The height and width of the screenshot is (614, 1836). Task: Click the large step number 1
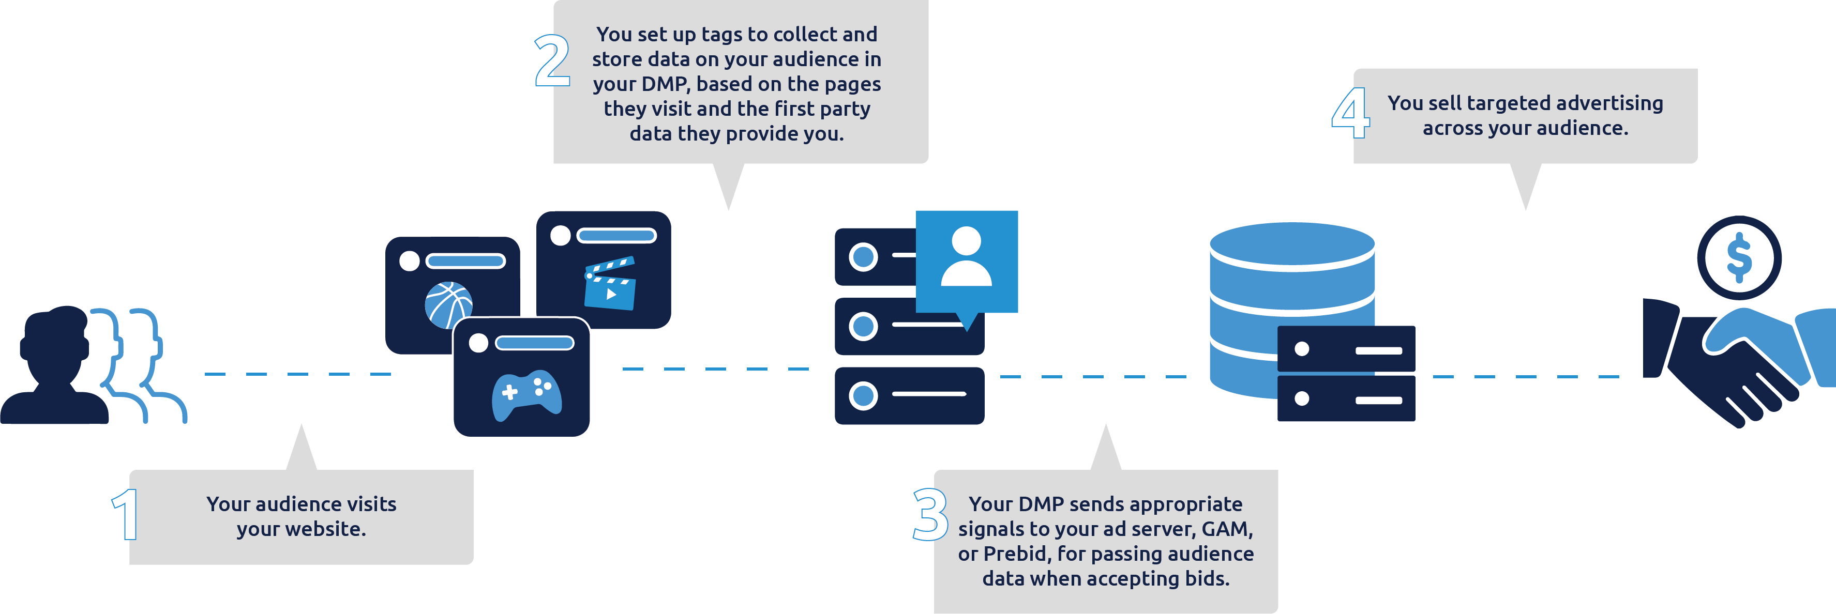tap(126, 514)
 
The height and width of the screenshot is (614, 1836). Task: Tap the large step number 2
tap(552, 62)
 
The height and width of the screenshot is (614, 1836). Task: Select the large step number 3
tap(929, 514)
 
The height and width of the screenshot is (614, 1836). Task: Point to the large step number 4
tap(1350, 113)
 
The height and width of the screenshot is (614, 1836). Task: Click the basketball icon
tap(448, 305)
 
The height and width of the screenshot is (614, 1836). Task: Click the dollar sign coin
tap(1739, 258)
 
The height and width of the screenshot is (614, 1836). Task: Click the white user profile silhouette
tap(967, 256)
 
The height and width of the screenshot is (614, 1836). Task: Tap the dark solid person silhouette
tap(55, 367)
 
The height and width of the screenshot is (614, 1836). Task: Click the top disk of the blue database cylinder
tap(1291, 243)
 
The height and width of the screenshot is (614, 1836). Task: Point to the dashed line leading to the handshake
tap(1525, 376)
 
